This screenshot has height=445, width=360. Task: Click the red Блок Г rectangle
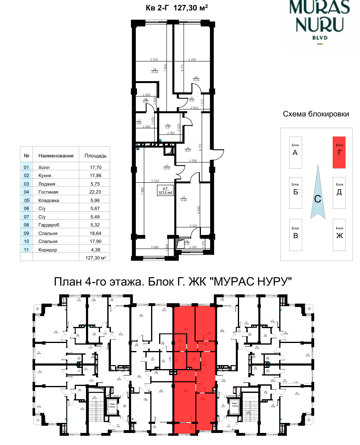pyautogui.click(x=339, y=152)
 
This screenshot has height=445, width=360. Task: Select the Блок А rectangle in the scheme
pyautogui.click(x=295, y=153)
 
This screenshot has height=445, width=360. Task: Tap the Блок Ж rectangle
pyautogui.click(x=339, y=235)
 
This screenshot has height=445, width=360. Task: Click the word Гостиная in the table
pyautogui.click(x=49, y=192)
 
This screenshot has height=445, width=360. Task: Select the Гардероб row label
pyautogui.click(x=49, y=225)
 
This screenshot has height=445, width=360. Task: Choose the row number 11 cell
pyautogui.click(x=27, y=249)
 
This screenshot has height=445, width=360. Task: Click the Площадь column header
pyautogui.click(x=95, y=155)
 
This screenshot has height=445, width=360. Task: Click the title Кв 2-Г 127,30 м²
pyautogui.click(x=176, y=8)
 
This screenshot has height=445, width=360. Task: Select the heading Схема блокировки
pyautogui.click(x=315, y=114)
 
